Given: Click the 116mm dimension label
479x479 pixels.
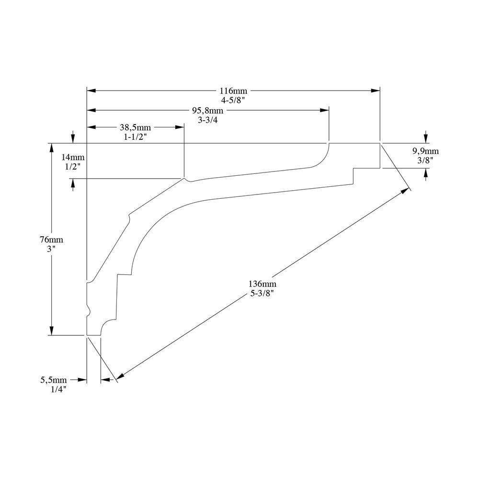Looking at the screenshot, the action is tap(233, 91).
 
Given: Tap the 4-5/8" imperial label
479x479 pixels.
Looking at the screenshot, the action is tap(233, 100).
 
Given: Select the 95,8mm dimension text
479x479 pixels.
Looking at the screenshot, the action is tap(208, 110).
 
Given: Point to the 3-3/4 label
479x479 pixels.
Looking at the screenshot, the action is tap(208, 120).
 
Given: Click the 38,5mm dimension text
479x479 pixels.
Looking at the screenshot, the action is tap(136, 127).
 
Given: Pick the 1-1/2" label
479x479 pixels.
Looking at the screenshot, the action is tap(136, 137).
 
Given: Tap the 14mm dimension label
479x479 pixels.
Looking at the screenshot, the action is tap(73, 157).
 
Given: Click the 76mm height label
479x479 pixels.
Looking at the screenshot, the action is tap(51, 239).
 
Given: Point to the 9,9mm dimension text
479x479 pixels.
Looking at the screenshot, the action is tap(425, 151).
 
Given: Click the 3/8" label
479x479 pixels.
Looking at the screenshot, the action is tap(425, 160).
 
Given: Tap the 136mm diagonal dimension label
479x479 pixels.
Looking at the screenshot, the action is tap(262, 284).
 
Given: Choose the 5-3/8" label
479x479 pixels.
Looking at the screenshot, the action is tap(262, 294).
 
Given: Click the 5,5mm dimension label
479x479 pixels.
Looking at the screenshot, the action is tap(54, 380).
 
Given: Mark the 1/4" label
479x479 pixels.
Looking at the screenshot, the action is tap(58, 389).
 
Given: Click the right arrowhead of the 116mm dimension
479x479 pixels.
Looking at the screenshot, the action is tap(376, 91).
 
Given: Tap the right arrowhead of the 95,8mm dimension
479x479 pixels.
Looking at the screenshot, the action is tap(324, 110).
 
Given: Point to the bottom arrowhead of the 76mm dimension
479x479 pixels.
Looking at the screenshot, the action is tap(52, 331).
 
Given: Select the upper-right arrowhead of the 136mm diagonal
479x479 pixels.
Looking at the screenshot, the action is tap(405, 191).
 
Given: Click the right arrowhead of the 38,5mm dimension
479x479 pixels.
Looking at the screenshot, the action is tap(180, 127).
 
